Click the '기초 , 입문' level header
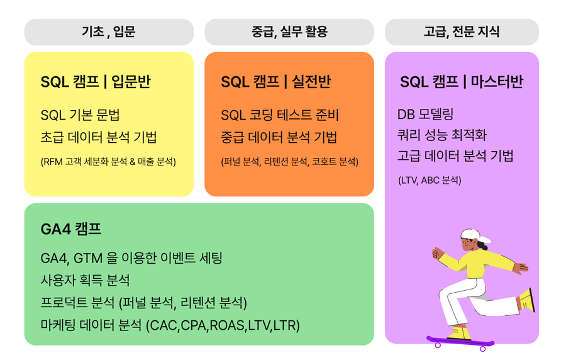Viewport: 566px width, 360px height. (x=109, y=31)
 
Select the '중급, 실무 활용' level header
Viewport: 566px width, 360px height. (x=289, y=31)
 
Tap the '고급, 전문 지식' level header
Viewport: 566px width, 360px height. (x=462, y=31)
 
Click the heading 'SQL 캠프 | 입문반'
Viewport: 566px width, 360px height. (x=96, y=82)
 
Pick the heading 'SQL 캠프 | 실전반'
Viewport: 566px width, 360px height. (x=276, y=82)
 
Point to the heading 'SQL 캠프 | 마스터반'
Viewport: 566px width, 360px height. (x=462, y=82)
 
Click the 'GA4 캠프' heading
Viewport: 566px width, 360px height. (x=70, y=229)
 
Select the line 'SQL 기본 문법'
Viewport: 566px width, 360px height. (x=80, y=115)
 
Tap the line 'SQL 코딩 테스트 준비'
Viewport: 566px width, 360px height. (x=280, y=115)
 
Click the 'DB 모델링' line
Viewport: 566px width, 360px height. (x=425, y=114)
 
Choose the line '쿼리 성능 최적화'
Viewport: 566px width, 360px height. (x=442, y=135)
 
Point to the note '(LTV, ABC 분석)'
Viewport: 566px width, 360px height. (x=430, y=180)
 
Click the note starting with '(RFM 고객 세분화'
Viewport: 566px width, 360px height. (x=108, y=161)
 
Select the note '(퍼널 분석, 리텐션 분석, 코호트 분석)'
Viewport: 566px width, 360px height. (x=289, y=161)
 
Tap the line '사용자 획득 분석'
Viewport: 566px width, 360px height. (x=85, y=280)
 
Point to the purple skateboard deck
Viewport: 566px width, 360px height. (x=460, y=340)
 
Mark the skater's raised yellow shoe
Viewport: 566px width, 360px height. (x=526, y=300)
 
